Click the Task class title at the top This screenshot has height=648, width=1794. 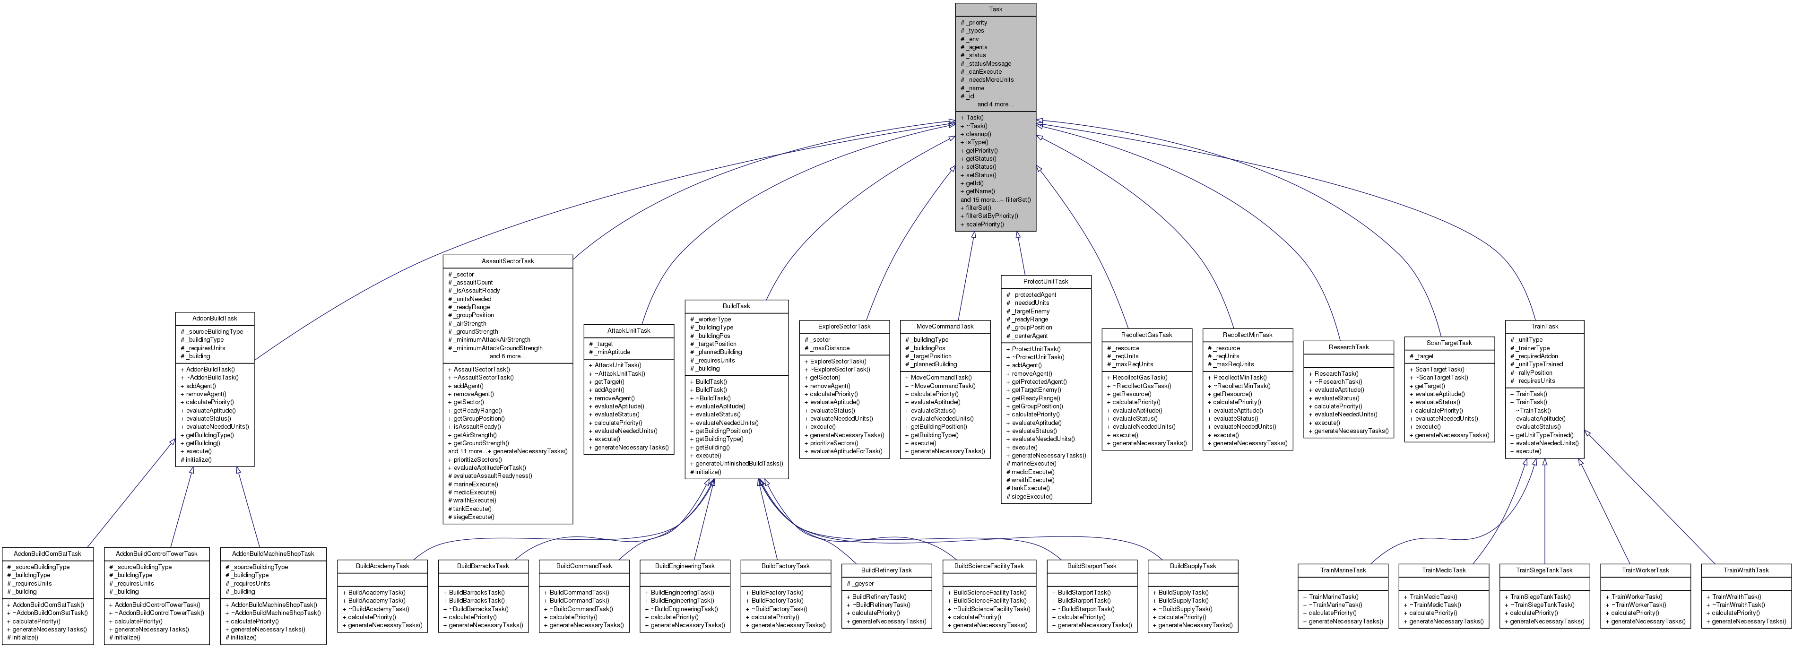[995, 9]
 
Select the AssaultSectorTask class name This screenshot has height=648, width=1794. [508, 261]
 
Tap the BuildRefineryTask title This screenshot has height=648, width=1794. [886, 570]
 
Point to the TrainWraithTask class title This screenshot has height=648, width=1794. [1745, 570]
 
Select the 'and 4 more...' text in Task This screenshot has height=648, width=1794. [995, 104]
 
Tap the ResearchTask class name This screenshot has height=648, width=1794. [1348, 347]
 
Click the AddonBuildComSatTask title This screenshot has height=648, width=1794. [47, 554]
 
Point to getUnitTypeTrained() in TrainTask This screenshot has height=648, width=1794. [1544, 435]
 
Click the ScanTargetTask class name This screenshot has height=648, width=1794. [1448, 343]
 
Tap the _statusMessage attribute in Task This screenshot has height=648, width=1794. [986, 63]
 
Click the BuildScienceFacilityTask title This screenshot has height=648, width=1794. [988, 566]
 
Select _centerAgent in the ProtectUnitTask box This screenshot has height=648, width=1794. [1027, 336]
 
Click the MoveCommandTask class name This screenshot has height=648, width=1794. [945, 327]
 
